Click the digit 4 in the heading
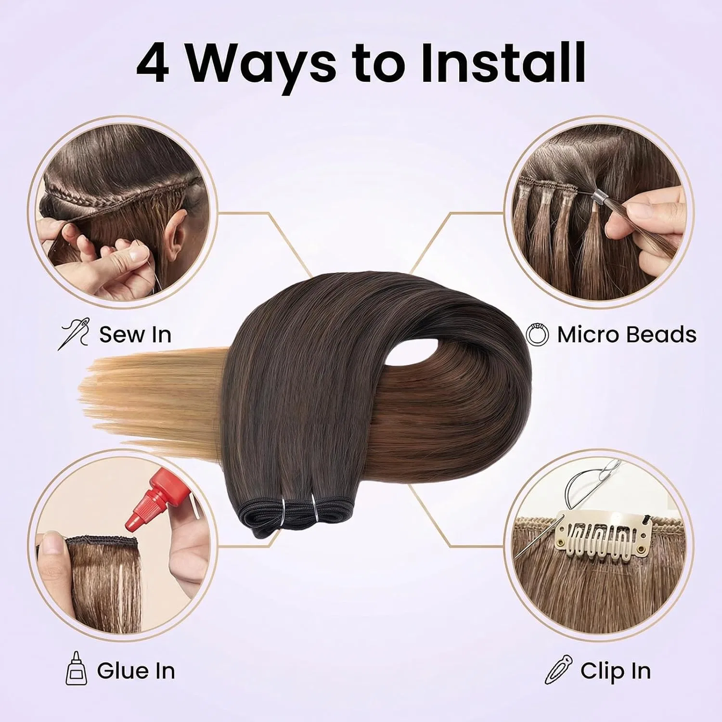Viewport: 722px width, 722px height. [153, 63]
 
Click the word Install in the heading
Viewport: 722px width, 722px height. [503, 62]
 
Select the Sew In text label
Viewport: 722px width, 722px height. [135, 334]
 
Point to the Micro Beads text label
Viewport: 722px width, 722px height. [627, 334]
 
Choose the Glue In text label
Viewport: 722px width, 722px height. [136, 670]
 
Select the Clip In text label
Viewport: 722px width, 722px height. [615, 670]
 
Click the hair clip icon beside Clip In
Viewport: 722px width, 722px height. [559, 669]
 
